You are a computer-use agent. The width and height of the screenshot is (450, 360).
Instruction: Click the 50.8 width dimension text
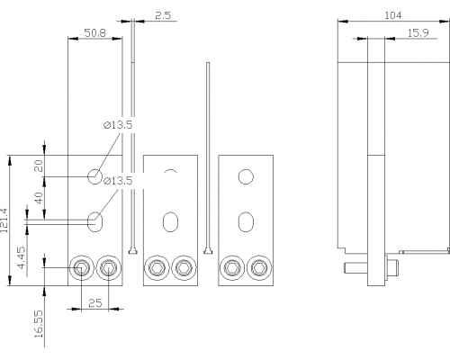point(95,32)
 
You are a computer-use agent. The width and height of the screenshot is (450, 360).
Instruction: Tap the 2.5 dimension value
point(163,15)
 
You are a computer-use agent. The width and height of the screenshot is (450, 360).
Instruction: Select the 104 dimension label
point(393,15)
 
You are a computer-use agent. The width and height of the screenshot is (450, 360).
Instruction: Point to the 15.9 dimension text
point(418,32)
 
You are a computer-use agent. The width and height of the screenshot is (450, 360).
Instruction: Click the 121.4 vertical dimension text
point(4,220)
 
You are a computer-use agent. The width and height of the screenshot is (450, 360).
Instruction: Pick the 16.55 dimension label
point(39,324)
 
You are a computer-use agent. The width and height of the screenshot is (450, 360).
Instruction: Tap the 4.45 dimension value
point(22,257)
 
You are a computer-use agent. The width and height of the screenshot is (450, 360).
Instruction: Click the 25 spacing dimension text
point(95,303)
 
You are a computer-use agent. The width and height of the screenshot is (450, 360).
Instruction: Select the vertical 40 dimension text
point(39,198)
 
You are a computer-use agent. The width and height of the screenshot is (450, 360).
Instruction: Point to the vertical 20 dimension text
point(39,166)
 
